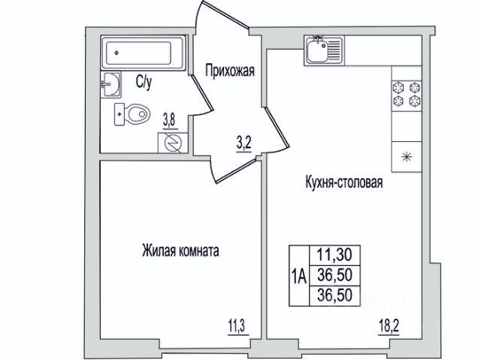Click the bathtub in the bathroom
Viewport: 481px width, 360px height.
(x=144, y=53)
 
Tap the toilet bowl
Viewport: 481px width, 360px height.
(x=132, y=114)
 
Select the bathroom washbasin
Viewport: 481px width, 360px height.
(x=110, y=85)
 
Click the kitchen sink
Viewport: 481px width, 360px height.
(x=324, y=50)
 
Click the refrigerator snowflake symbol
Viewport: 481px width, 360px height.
(x=407, y=157)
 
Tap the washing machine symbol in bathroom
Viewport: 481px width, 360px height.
(x=173, y=143)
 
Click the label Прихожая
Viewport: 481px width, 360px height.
(x=230, y=71)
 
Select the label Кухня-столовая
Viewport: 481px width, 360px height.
(x=344, y=183)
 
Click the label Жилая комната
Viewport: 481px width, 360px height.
(x=180, y=250)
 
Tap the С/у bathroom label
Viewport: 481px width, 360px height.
(x=144, y=82)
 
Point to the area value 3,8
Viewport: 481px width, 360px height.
(x=169, y=122)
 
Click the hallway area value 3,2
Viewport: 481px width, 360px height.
(x=244, y=145)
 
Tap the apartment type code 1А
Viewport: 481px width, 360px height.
(x=299, y=276)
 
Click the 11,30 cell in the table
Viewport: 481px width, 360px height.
(x=334, y=255)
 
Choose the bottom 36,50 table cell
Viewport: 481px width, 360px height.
(x=334, y=295)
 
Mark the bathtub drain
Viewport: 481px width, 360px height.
(x=116, y=53)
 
